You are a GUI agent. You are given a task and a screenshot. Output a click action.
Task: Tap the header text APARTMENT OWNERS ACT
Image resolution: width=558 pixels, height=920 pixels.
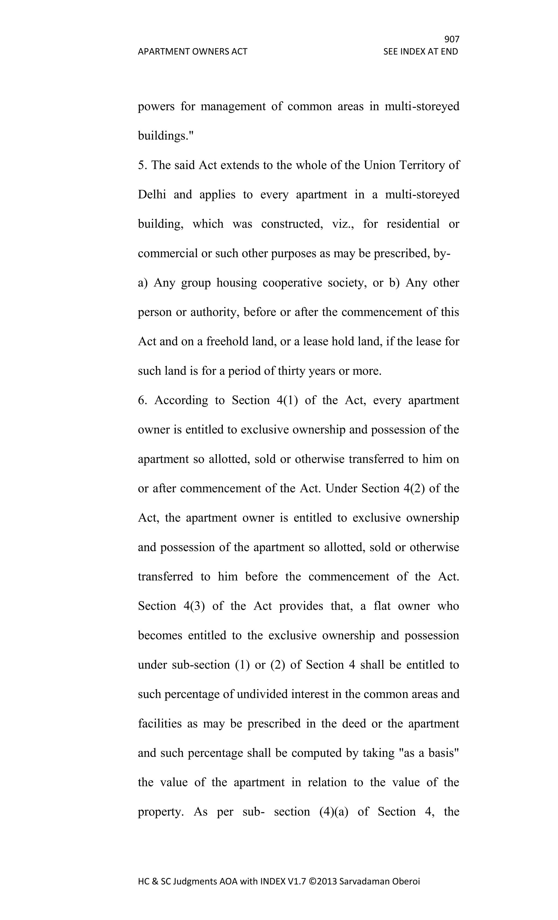click(x=192, y=52)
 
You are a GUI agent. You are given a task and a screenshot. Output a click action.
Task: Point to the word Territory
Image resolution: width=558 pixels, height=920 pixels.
click(x=421, y=165)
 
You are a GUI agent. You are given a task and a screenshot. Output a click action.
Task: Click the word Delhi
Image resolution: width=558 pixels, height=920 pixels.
click(x=152, y=194)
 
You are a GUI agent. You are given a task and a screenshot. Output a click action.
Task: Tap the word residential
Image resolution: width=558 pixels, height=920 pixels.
click(x=413, y=224)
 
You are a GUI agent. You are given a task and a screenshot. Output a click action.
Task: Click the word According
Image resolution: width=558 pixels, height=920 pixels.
click(x=181, y=400)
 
